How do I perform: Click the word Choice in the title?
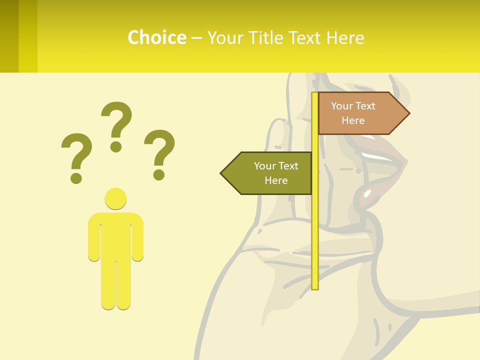156,37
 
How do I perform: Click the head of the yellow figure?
115,198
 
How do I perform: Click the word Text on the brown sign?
366,106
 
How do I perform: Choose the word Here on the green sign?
276,180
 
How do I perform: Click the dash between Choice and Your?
196,38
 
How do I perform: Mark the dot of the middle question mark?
116,146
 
